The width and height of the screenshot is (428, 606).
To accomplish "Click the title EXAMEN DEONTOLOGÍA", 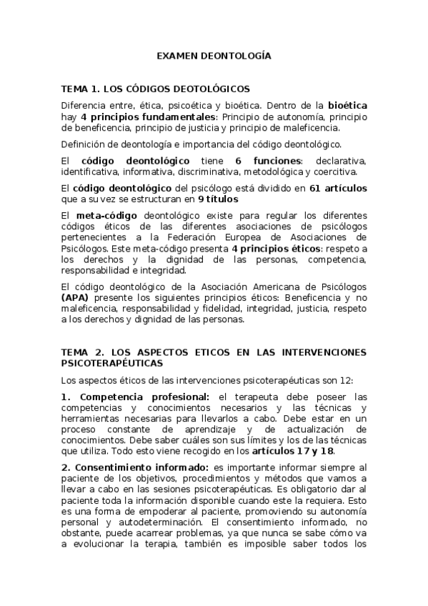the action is pos(214,54).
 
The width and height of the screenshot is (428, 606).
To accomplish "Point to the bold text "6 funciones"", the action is pos(269,161).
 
